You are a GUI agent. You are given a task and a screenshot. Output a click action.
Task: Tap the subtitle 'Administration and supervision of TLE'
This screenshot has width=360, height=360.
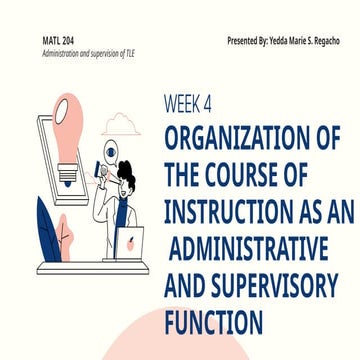[x=83, y=50]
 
